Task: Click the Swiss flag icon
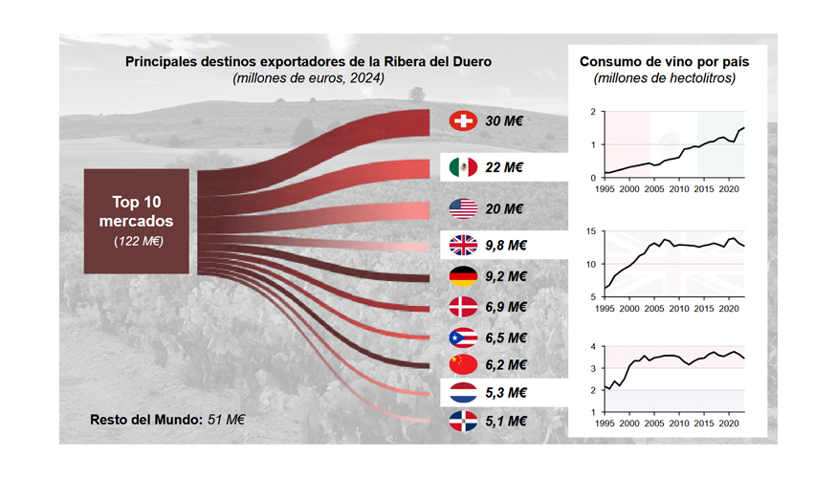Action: point(463,121)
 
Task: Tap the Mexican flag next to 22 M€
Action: point(463,167)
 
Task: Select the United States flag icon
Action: point(463,208)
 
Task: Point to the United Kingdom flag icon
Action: point(463,246)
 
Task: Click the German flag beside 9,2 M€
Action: point(463,277)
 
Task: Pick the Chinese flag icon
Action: point(463,364)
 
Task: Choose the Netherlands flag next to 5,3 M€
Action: point(463,392)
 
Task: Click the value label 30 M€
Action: point(504,121)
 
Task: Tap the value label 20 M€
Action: point(504,208)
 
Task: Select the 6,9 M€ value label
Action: point(507,307)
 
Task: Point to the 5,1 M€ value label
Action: point(507,421)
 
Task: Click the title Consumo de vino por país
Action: point(664,62)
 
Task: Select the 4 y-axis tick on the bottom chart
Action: point(594,347)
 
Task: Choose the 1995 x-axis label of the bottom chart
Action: point(605,424)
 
